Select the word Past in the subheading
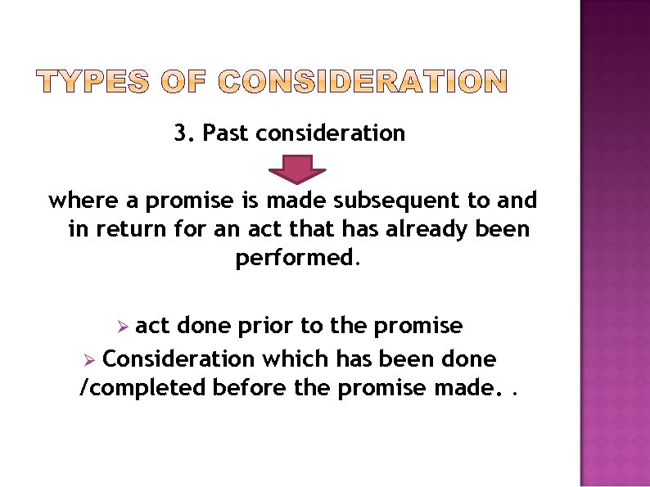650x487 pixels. click(226, 133)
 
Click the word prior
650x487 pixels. click(266, 326)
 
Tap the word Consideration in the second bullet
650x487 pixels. click(179, 358)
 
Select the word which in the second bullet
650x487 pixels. click(294, 358)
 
